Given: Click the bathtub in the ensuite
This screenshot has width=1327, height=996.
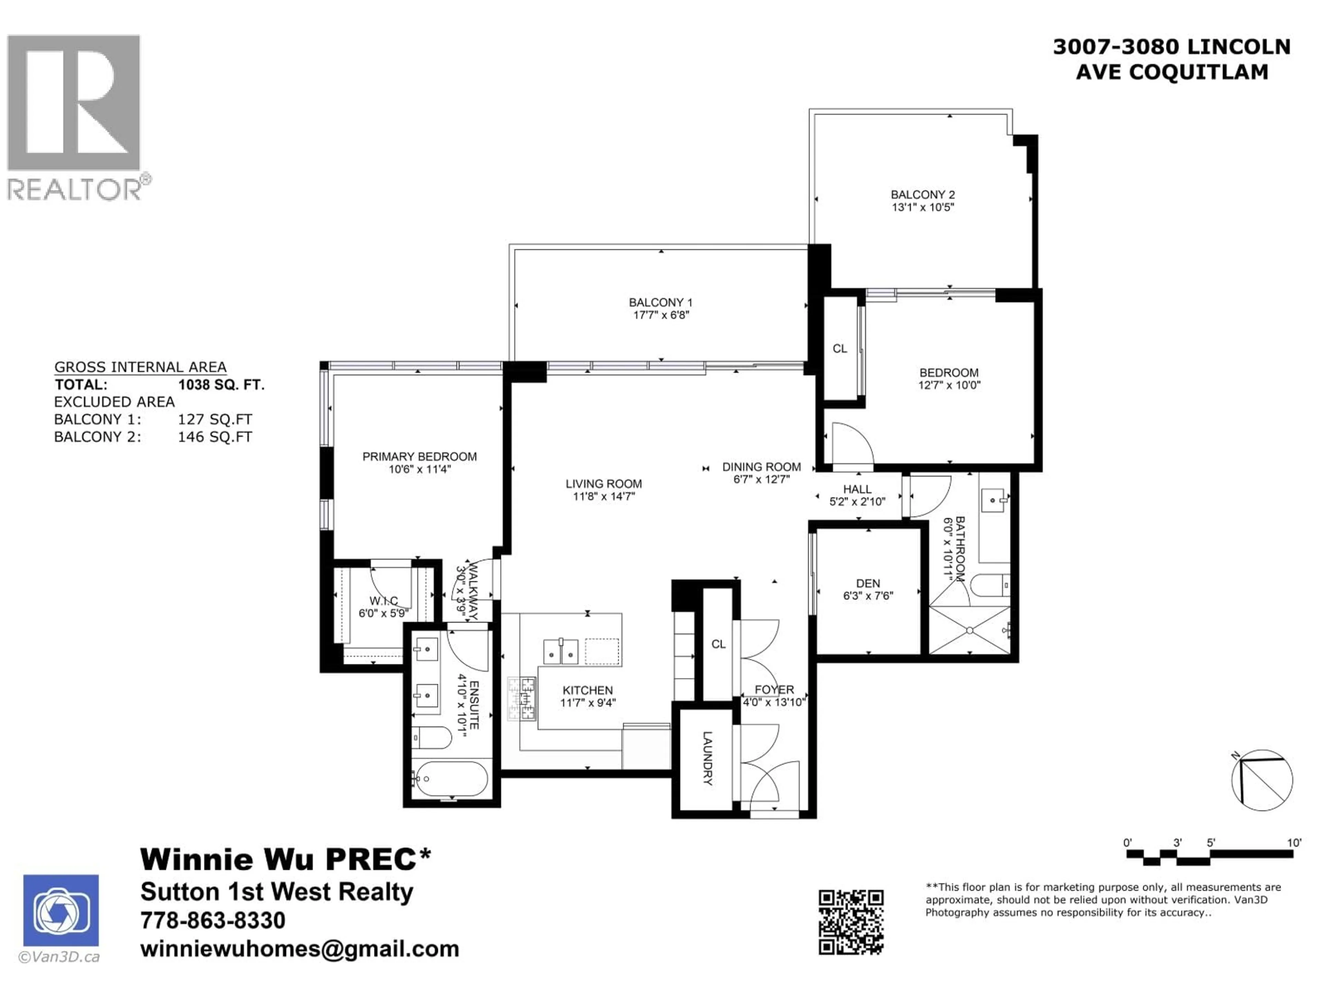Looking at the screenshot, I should click(x=451, y=779).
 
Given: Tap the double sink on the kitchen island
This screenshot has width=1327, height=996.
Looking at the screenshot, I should click(x=560, y=652).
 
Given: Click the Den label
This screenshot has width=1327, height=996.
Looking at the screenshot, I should click(x=868, y=583).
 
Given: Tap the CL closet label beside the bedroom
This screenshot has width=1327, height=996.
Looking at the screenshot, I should click(x=839, y=348).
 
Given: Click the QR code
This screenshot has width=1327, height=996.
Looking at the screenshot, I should click(x=851, y=922).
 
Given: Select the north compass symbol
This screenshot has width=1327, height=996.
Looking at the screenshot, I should click(x=1262, y=780).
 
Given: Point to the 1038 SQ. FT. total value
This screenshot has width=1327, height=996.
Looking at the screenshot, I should click(x=221, y=385).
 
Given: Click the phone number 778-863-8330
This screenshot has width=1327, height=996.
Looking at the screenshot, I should click(x=213, y=920).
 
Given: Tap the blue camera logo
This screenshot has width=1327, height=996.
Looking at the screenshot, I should click(x=60, y=910).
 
